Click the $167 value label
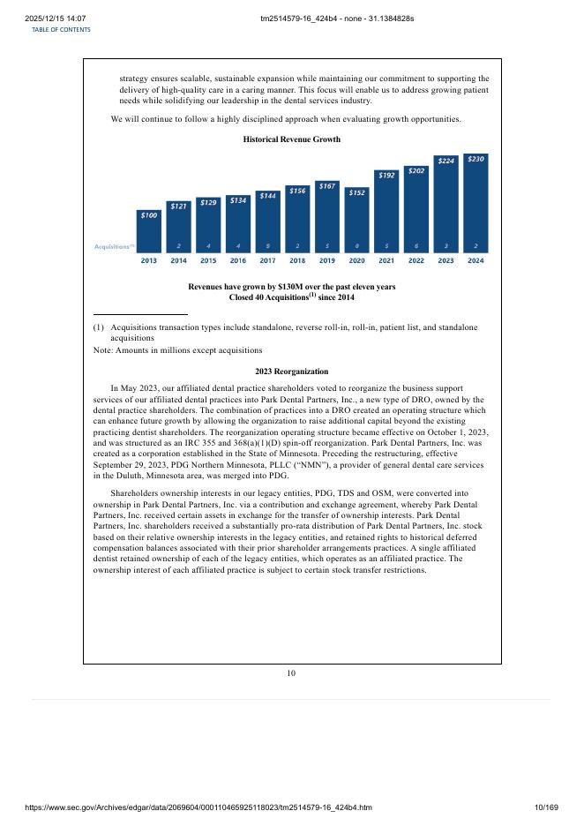[x=326, y=185]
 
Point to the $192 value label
[x=386, y=176]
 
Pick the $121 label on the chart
[x=178, y=206]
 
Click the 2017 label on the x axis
[x=267, y=260]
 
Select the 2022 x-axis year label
[x=416, y=260]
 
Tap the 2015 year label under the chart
[x=208, y=260]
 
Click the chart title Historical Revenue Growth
[x=291, y=139]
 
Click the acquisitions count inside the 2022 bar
[x=416, y=246]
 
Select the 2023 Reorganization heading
[x=291, y=372]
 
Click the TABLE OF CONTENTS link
[x=61, y=29]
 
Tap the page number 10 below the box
[x=291, y=674]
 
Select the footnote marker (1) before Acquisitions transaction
[x=99, y=327]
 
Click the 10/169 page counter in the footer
[x=548, y=807]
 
